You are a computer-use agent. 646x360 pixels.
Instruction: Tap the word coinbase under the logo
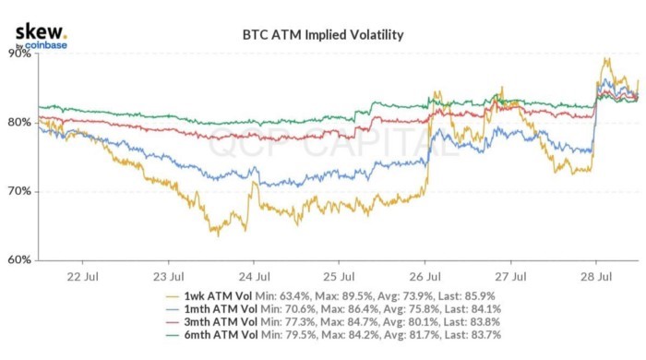point(46,44)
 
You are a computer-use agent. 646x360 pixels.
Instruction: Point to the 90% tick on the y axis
point(20,54)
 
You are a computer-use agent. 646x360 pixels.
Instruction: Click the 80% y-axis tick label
point(20,122)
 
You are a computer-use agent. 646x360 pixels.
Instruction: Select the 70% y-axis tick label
point(20,191)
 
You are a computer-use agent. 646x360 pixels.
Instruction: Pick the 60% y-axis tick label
point(20,259)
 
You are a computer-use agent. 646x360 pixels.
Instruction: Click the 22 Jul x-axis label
point(82,275)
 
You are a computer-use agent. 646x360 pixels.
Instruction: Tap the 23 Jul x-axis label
point(168,275)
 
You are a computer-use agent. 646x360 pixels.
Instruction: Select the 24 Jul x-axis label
point(254,275)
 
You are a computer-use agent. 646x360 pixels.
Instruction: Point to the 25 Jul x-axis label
point(340,275)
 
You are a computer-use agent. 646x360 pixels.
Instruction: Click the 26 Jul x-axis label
point(425,275)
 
